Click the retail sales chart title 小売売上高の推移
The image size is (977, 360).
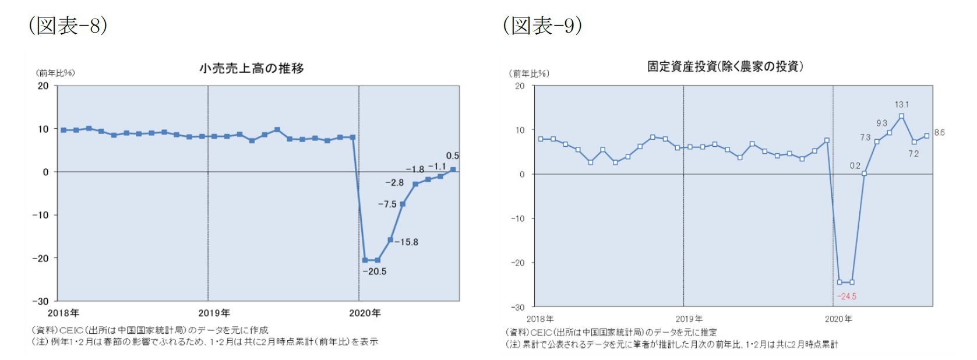(252, 68)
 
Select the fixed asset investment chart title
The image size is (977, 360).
(725, 66)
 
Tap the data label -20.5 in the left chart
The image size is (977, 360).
(374, 271)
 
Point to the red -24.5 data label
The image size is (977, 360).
(847, 297)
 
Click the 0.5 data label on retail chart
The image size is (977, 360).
(452, 156)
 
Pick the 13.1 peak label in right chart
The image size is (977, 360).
(901, 105)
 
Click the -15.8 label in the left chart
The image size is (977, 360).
(406, 242)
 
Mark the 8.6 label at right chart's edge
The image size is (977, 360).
(939, 133)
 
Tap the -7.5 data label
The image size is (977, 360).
(387, 204)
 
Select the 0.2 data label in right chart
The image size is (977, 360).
(855, 166)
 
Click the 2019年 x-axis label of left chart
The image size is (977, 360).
(214, 313)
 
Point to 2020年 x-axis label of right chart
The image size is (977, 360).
(838, 319)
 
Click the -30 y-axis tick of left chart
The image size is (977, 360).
(40, 301)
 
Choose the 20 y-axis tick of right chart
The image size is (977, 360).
(520, 86)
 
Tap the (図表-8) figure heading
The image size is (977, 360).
(68, 25)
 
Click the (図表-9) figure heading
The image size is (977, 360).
(542, 25)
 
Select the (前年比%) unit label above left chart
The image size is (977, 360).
(55, 73)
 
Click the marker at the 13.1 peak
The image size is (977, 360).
(901, 117)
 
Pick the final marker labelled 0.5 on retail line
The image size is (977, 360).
(453, 170)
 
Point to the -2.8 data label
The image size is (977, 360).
(394, 183)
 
